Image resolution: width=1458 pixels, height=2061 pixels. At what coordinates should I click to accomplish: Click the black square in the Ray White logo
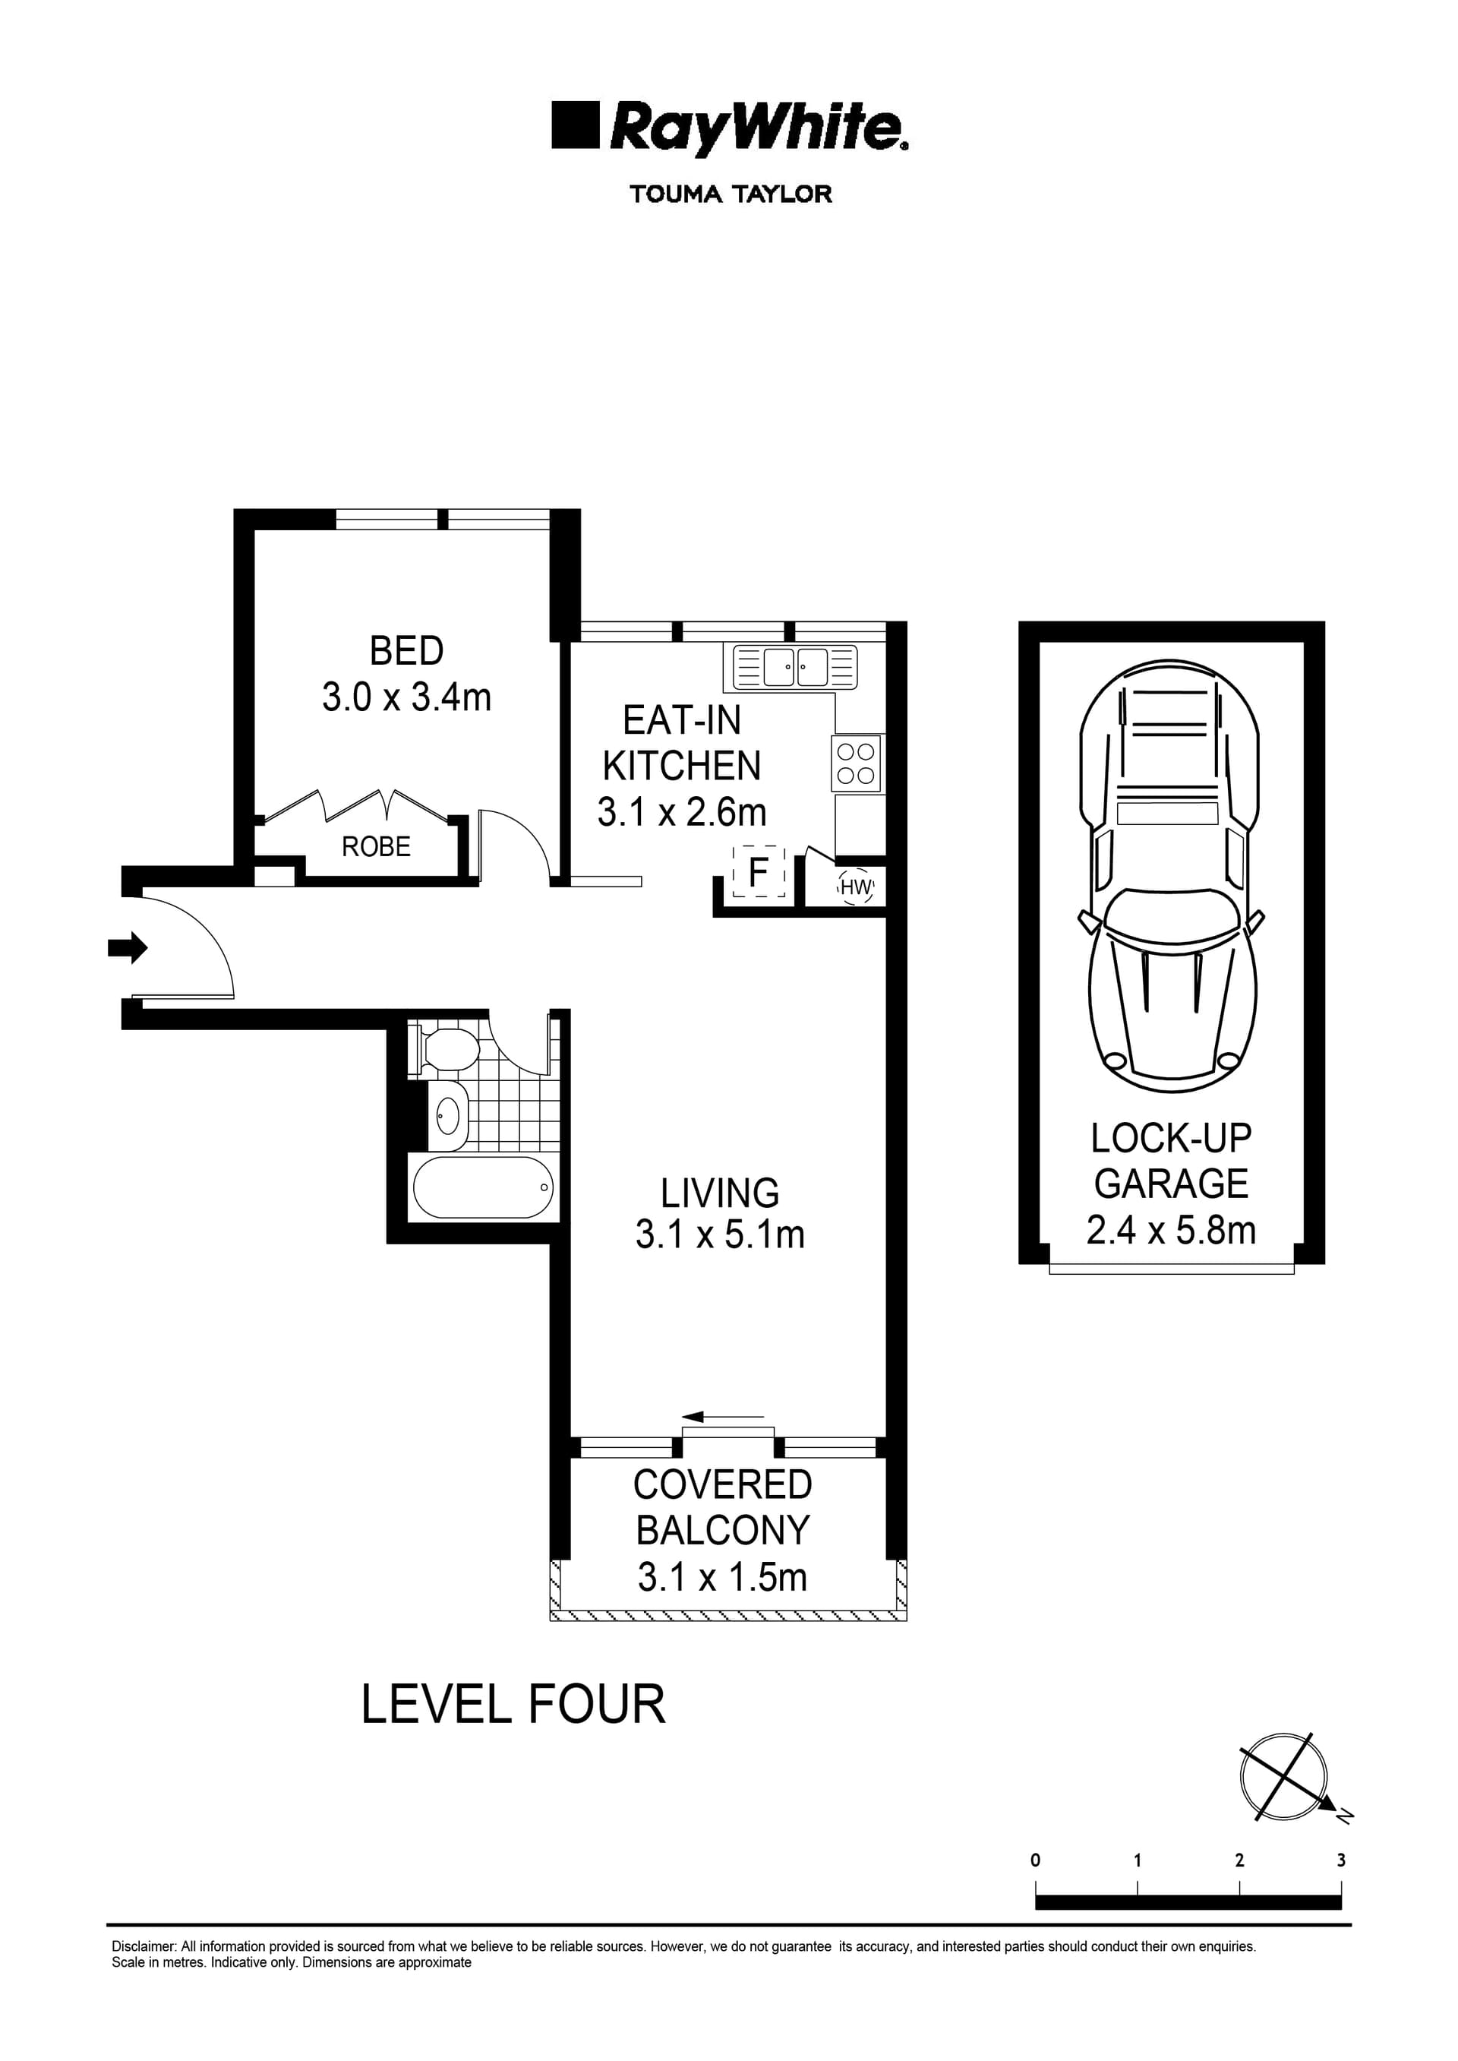[575, 125]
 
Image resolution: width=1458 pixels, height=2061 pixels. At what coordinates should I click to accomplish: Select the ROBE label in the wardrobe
[376, 846]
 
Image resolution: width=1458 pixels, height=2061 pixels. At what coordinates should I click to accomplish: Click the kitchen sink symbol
[795, 667]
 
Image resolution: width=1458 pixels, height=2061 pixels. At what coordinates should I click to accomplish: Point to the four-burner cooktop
[856, 763]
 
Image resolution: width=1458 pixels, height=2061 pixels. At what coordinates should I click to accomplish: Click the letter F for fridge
[759, 872]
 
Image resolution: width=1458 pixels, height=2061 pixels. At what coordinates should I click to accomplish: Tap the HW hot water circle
[856, 887]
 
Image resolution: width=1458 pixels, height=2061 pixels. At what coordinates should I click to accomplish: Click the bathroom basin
[447, 1116]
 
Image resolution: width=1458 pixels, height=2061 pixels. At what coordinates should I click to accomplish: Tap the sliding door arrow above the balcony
[722, 1417]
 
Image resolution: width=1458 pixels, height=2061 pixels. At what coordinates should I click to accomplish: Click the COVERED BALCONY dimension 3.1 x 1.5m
[722, 1577]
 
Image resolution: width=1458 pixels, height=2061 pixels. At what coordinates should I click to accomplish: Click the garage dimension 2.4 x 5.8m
[1171, 1231]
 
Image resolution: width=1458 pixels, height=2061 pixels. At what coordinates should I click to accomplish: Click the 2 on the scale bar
[1239, 1860]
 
